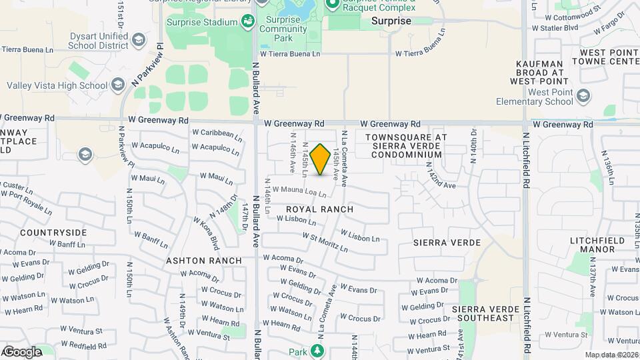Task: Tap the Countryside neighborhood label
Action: point(53,233)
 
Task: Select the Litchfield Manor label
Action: point(597,245)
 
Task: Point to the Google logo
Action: point(21,352)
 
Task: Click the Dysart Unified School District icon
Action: point(138,39)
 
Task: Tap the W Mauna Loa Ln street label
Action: point(299,192)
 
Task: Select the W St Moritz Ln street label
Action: point(325,242)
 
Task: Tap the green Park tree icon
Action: point(318,351)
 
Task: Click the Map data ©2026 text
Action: point(611,355)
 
